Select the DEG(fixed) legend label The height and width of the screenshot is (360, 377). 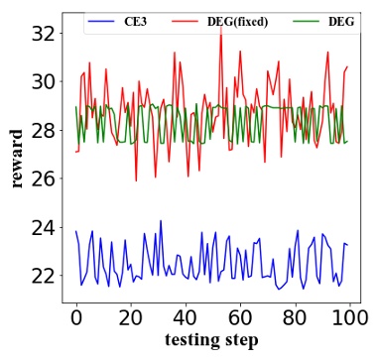point(237,21)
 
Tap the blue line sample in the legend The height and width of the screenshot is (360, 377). point(102,21)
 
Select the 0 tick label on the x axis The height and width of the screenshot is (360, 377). point(76,317)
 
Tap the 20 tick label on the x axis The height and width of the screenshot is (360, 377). point(130,317)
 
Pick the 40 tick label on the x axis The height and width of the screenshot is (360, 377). point(185,317)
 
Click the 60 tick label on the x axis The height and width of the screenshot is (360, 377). point(238,317)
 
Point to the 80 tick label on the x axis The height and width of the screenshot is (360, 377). point(293,317)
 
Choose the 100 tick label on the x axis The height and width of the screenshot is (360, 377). point(346,317)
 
